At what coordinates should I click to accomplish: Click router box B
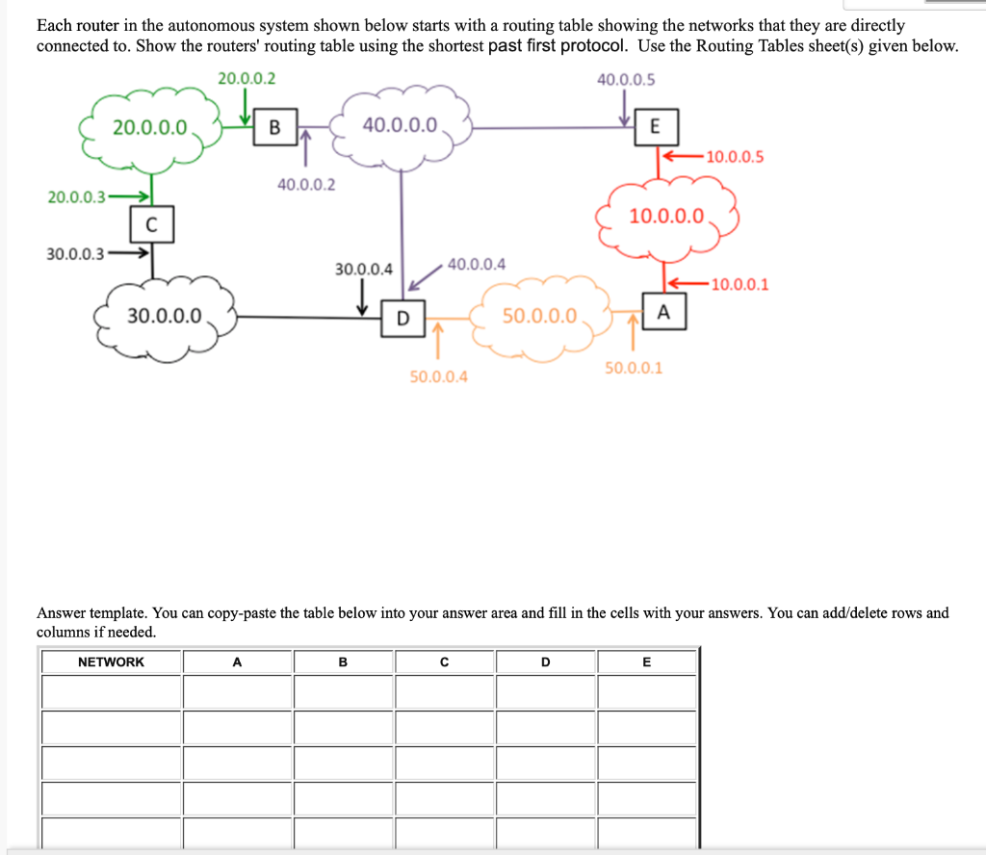[275, 126]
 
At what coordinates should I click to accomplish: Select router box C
[151, 225]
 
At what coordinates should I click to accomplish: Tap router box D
[402, 317]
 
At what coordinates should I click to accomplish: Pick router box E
[655, 126]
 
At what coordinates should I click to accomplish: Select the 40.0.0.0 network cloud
[401, 126]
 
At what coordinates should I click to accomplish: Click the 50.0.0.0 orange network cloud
[539, 317]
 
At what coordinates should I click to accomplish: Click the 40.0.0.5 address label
[626, 79]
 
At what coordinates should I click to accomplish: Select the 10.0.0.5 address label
[735, 157]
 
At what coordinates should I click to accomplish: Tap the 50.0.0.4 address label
[438, 376]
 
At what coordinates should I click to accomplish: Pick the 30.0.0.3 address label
[76, 255]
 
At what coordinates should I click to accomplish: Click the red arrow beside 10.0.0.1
[686, 283]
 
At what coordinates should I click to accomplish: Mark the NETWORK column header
[111, 662]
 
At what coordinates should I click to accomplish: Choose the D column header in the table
[545, 662]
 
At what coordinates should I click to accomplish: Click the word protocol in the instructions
[578, 46]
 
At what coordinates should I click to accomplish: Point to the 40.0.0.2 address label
[306, 184]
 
